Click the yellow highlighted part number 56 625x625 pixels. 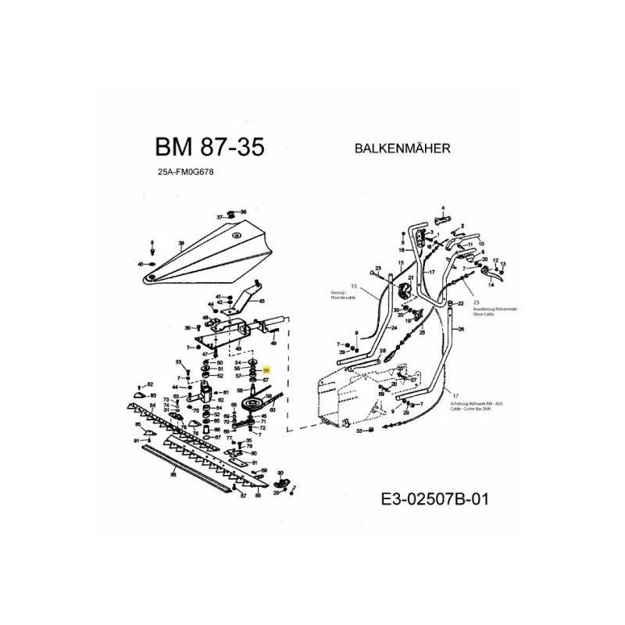click(x=266, y=371)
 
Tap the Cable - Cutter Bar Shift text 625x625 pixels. click(x=477, y=408)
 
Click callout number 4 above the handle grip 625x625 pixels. click(x=443, y=208)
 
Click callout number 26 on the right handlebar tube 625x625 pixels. click(x=462, y=330)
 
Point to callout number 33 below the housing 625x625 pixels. click(x=359, y=430)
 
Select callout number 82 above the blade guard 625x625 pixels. click(x=151, y=385)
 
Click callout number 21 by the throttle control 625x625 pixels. click(x=410, y=279)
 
